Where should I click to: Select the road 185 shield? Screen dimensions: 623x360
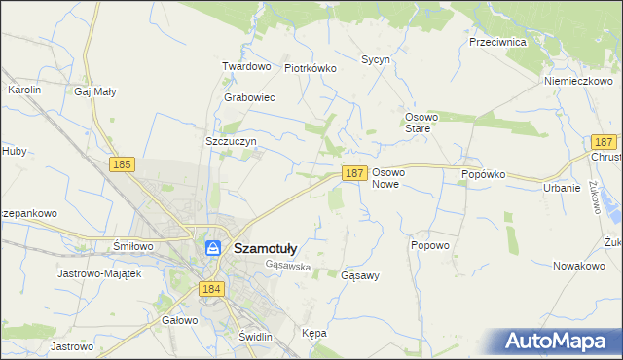tap(122, 165)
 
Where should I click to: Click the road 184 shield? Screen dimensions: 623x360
tap(210, 289)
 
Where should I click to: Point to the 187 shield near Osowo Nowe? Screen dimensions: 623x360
tap(354, 172)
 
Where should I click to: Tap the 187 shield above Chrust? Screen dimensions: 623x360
tap(605, 142)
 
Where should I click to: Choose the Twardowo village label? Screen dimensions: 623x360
tap(245, 66)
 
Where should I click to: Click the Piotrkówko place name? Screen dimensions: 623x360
tap(310, 69)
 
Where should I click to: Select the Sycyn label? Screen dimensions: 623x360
tap(376, 59)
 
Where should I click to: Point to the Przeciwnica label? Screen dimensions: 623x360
tap(497, 43)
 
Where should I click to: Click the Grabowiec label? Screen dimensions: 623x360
tap(249, 98)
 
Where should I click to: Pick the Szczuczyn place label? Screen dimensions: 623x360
tap(231, 141)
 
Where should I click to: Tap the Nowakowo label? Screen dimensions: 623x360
tap(579, 266)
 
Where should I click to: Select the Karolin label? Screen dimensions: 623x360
tap(24, 90)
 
